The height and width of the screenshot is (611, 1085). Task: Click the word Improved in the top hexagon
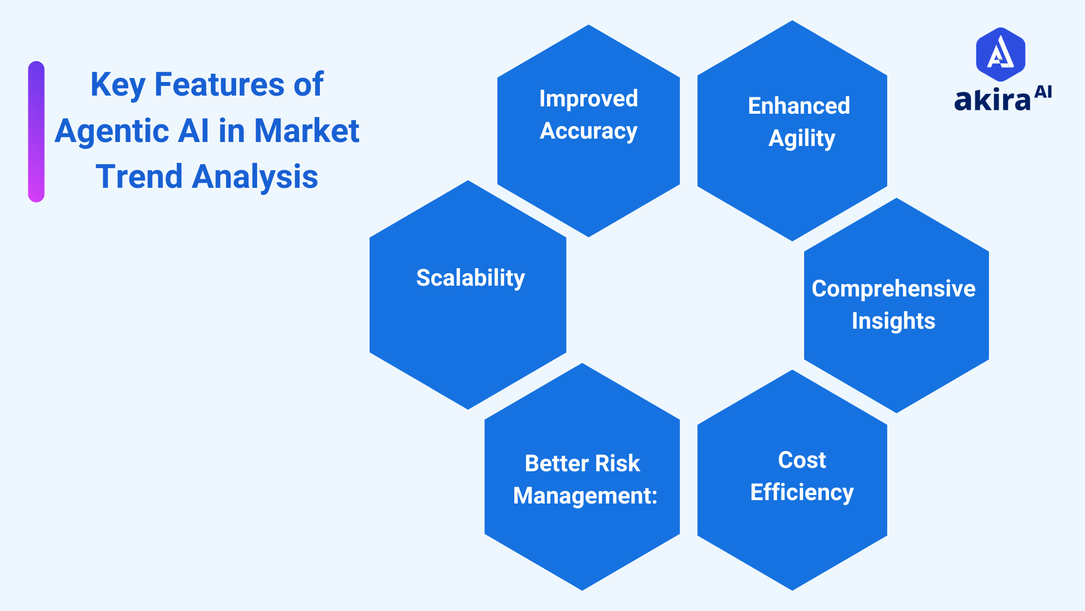[588, 98]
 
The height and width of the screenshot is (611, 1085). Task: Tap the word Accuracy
[588, 131]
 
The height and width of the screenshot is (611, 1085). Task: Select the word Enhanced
[798, 106]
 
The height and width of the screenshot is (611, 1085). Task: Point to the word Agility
[801, 139]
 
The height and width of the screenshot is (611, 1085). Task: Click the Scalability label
[470, 278]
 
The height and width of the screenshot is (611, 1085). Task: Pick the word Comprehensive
[893, 289]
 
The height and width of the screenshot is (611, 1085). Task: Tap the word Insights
[893, 321]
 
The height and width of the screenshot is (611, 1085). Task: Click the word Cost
[801, 460]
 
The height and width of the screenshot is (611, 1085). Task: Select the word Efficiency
[801, 493]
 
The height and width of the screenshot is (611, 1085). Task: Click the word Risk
[617, 463]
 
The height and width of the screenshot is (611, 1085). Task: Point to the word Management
[581, 496]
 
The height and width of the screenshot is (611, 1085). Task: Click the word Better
[557, 463]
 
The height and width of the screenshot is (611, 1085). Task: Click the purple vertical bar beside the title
[36, 131]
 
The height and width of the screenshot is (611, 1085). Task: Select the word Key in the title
[118, 85]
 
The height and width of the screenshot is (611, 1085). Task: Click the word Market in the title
[306, 131]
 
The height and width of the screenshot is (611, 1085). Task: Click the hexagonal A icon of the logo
[1000, 54]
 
